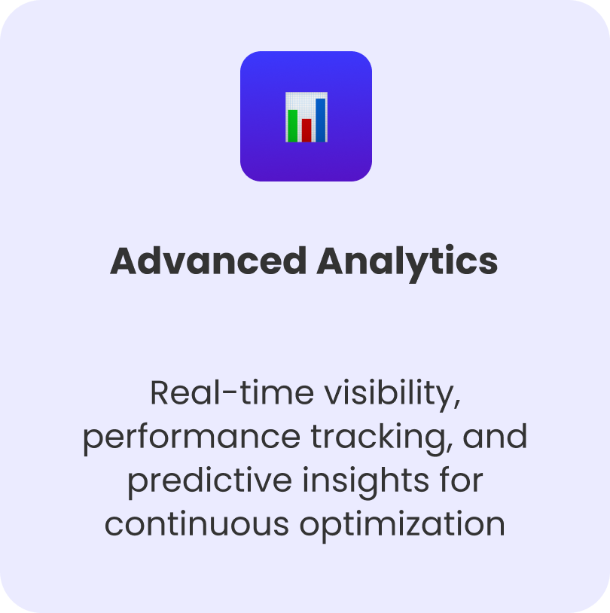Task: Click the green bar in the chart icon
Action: tap(292, 126)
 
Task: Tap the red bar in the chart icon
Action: tap(307, 130)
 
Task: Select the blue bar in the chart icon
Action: tap(320, 120)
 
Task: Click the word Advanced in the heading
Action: tap(208, 261)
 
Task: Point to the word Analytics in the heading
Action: tap(407, 263)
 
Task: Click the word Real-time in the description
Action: tap(232, 392)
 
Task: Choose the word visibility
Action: tap(389, 395)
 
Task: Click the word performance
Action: tap(191, 438)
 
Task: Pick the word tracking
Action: tap(378, 438)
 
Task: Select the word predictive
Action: tap(210, 481)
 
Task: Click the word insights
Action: tap(365, 482)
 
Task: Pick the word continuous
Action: tap(197, 523)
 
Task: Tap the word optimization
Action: tap(402, 526)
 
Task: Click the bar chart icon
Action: tap(307, 117)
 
